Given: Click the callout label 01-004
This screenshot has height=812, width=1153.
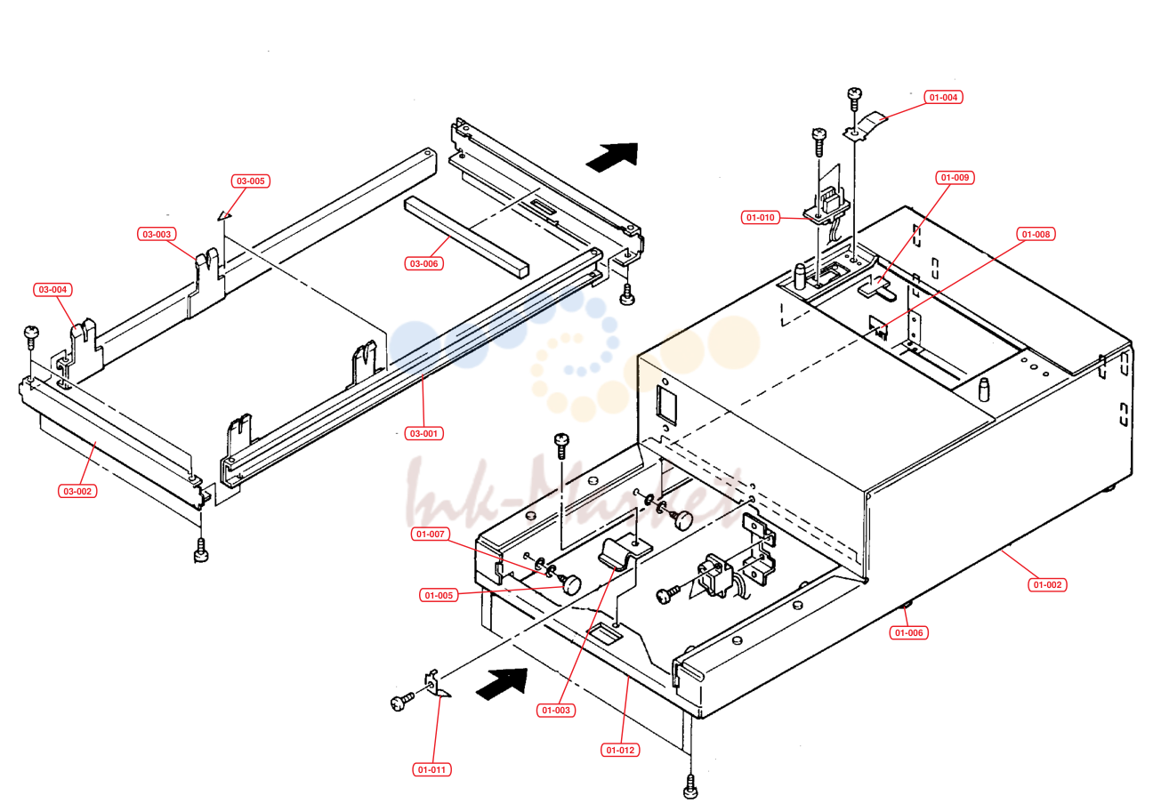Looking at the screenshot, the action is [943, 97].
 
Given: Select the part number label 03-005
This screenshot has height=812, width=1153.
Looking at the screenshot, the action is [251, 181].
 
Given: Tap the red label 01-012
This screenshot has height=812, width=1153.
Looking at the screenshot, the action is [620, 751].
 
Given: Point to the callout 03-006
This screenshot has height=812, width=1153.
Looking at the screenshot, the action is [423, 264].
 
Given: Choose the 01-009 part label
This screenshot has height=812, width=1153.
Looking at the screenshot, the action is [955, 178].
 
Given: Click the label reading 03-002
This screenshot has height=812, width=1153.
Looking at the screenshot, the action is [77, 492].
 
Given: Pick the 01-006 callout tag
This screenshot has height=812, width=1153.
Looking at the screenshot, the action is [909, 633].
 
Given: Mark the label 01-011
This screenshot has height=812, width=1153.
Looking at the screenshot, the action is [431, 770].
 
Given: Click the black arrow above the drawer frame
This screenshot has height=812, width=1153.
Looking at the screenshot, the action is [612, 157].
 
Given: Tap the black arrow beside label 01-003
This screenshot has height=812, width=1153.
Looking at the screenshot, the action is [502, 684].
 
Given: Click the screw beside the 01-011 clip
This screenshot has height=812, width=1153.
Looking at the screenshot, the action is [402, 702].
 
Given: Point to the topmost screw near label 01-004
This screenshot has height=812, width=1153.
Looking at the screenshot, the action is [854, 99].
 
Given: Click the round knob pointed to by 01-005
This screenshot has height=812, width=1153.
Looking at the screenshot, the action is [571, 584].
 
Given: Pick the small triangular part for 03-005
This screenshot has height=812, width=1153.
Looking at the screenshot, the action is [224, 215].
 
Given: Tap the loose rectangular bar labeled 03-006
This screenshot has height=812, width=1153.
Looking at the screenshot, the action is [466, 237].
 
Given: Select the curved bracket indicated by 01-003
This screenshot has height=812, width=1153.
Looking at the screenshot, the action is [624, 553].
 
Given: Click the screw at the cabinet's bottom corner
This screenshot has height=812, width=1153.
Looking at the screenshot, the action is [690, 787].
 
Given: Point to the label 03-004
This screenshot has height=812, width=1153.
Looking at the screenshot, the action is [53, 290].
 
